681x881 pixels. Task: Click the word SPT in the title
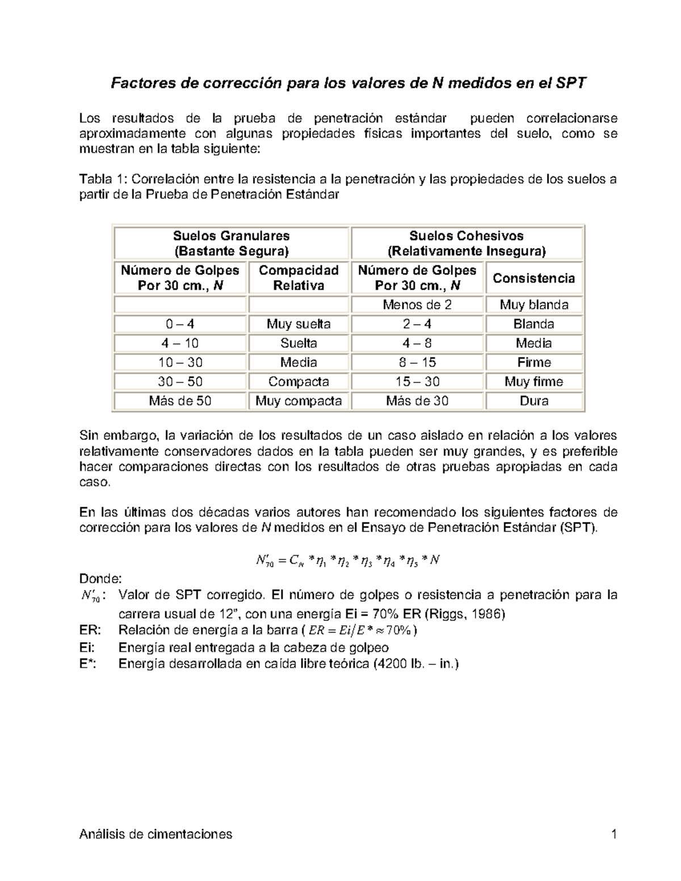[570, 84]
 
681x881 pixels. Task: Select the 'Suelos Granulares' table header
[231, 243]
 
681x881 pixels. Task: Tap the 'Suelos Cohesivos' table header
[466, 243]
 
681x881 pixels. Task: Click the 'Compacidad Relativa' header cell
[299, 277]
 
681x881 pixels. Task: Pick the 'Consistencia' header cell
[533, 278]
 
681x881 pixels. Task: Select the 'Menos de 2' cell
[417, 305]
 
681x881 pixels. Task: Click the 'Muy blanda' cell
[533, 305]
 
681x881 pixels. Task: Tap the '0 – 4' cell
[180, 324]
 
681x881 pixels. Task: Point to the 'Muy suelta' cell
[299, 324]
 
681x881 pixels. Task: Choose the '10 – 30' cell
[180, 362]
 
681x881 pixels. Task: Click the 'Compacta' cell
[299, 382]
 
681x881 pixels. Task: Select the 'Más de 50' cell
[180, 401]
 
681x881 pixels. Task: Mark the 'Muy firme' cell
[533, 382]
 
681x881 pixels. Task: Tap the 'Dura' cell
[533, 401]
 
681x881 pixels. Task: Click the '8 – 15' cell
[417, 362]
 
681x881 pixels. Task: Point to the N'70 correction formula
[348, 561]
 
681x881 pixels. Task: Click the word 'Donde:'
[100, 579]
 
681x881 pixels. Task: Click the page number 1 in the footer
[613, 834]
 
